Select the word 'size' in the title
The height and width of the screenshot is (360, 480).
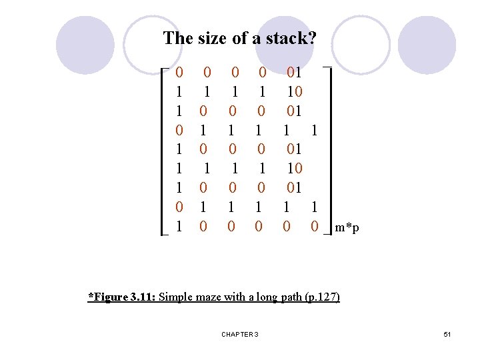pyautogui.click(x=213, y=39)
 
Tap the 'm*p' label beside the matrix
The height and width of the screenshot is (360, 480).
pyautogui.click(x=347, y=228)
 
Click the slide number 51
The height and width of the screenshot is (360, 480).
pyautogui.click(x=447, y=334)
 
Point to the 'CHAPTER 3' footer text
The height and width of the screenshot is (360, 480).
pyautogui.click(x=240, y=334)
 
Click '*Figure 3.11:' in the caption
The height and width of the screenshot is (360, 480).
pyautogui.click(x=122, y=297)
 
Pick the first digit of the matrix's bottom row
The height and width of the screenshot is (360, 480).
pyautogui.click(x=179, y=227)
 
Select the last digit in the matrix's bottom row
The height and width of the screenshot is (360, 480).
pyautogui.click(x=314, y=227)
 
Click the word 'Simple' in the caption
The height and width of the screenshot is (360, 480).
pyautogui.click(x=174, y=297)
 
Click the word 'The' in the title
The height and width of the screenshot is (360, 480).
pyautogui.click(x=178, y=39)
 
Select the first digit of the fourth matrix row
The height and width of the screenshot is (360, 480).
pyautogui.click(x=179, y=130)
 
